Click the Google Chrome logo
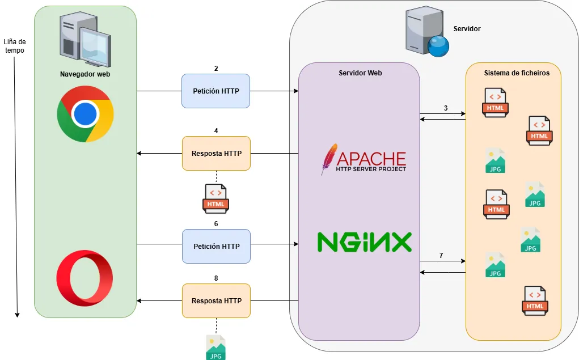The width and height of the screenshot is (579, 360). pos(85,114)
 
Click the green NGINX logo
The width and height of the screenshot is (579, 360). pos(364,242)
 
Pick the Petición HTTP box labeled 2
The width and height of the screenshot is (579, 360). pos(215,91)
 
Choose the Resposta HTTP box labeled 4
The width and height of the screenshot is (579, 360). pos(215,153)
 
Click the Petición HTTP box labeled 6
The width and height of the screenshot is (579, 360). pos(215,246)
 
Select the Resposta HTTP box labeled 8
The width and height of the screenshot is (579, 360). pos(215,300)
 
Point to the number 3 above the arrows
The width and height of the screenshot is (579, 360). pos(446,108)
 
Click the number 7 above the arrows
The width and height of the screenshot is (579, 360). pos(441,256)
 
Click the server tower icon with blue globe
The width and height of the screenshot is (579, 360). pos(426,33)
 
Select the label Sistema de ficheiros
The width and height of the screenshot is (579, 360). pos(516,73)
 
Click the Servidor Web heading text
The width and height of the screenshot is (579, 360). pos(360,73)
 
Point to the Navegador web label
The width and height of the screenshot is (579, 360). pos(85,74)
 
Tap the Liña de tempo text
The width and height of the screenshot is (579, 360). pos(15,46)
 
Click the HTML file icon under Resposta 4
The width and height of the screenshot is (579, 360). pos(215,198)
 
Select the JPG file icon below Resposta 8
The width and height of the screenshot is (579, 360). pos(215,348)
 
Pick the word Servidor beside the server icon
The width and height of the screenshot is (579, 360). pos(467,28)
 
